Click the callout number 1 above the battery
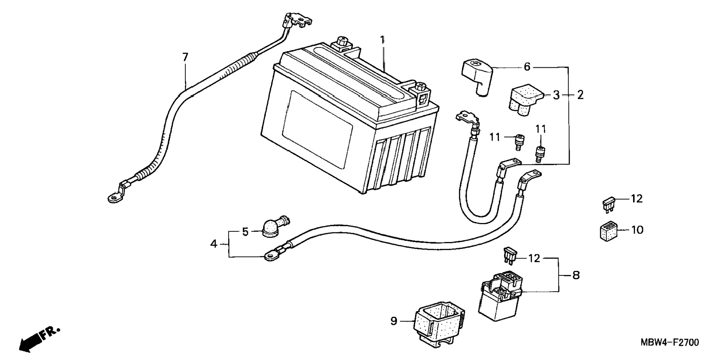tap(382, 40)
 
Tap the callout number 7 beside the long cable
tap(185, 57)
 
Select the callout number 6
tap(527, 67)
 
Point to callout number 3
tap(556, 95)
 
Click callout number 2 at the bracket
tap(580, 95)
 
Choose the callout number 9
tap(394, 321)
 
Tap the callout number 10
tap(637, 230)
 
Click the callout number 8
tap(576, 276)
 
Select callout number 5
tap(245, 232)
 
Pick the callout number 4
tap(214, 244)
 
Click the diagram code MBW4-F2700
tap(670, 342)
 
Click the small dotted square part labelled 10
tap(607, 231)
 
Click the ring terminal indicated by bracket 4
tap(271, 255)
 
